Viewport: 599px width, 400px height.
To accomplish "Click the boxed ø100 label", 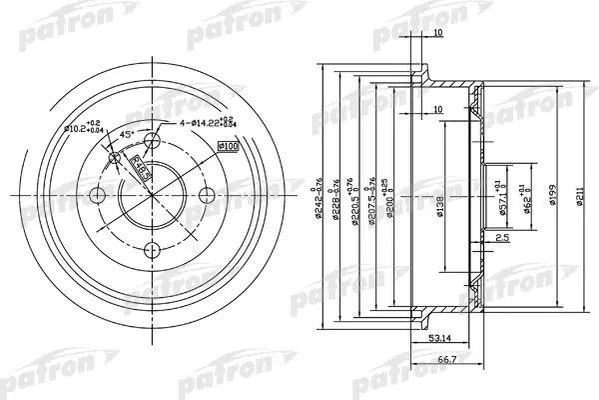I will [x=228, y=147].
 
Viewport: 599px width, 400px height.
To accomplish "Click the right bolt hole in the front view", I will [x=206, y=195].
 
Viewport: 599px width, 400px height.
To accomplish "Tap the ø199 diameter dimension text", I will [x=551, y=195].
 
